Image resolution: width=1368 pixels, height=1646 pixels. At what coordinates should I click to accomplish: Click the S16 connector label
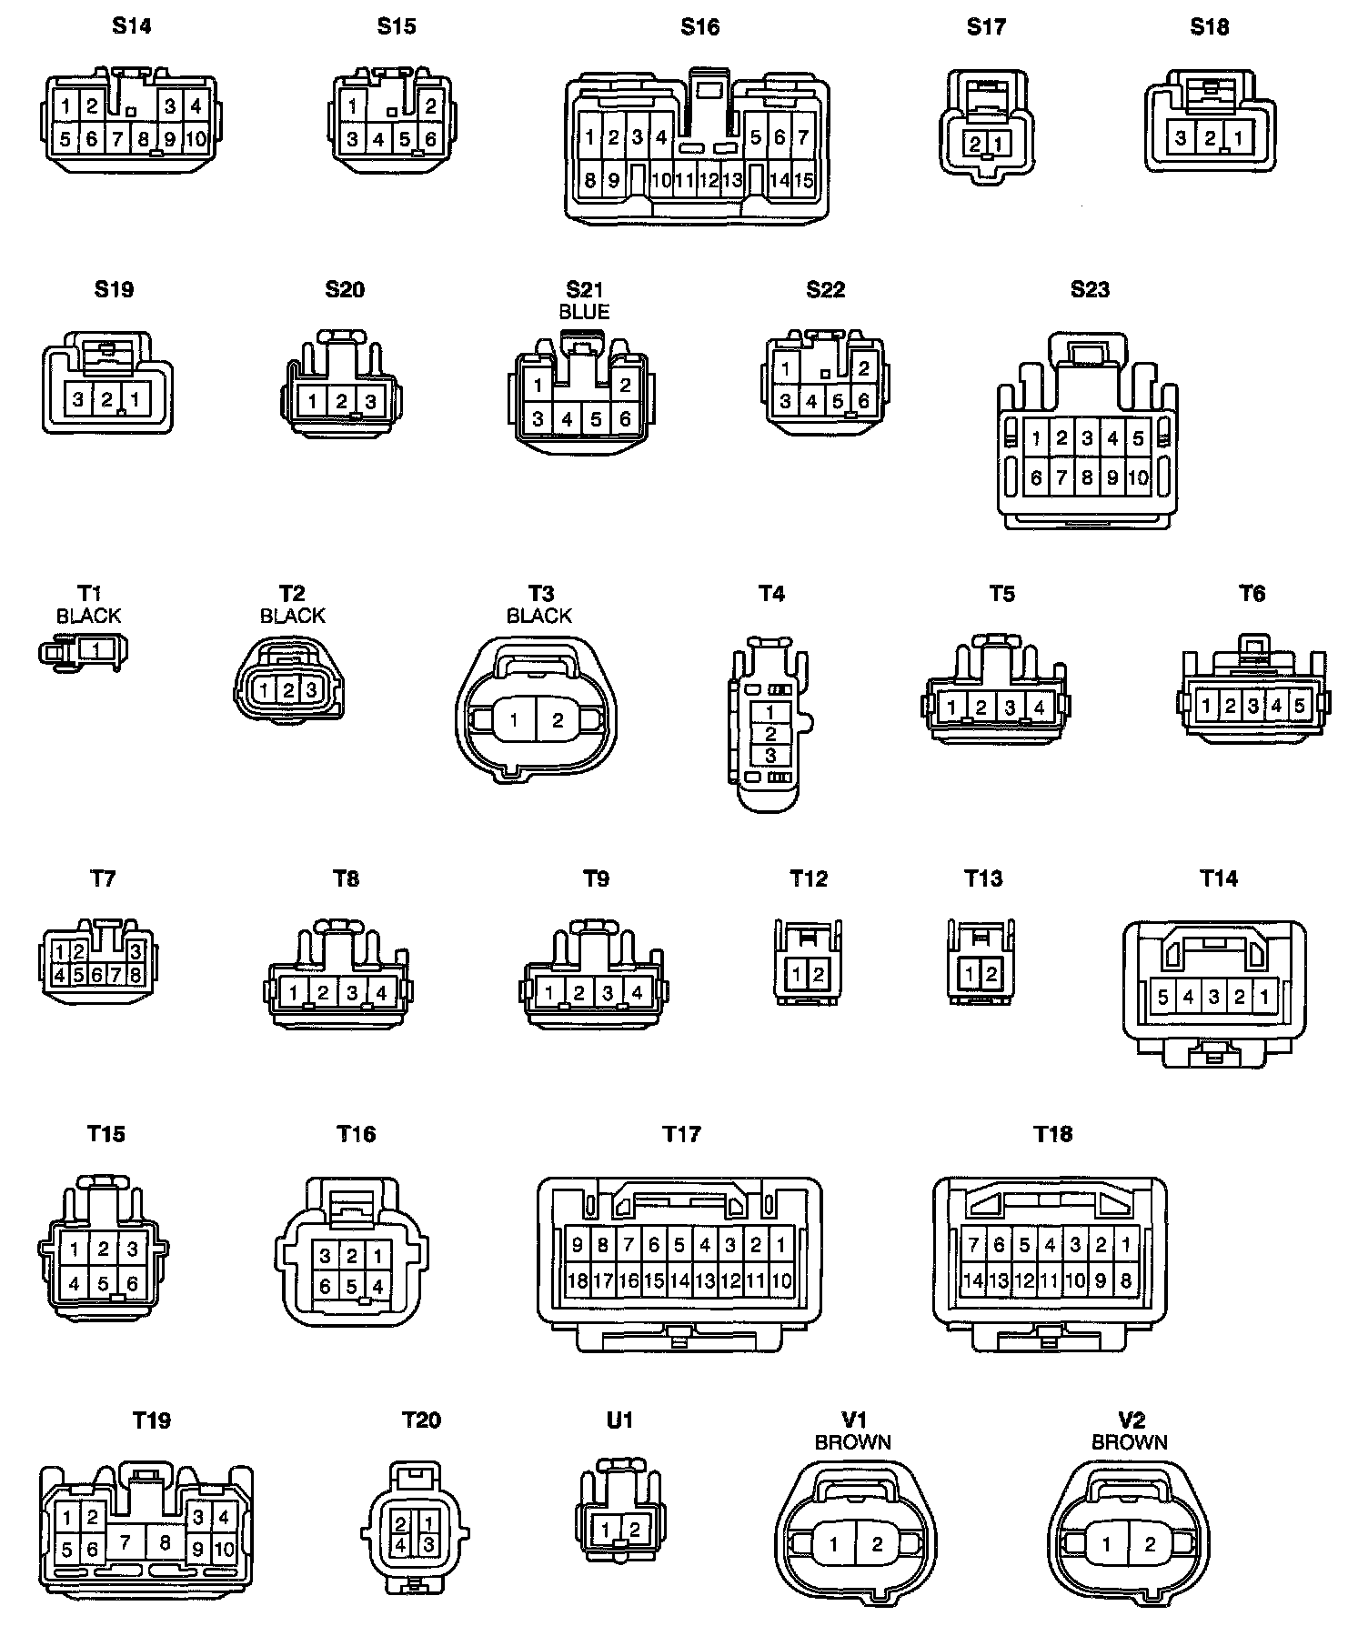[699, 27]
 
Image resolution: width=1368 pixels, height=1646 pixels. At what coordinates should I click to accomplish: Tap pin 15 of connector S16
[803, 180]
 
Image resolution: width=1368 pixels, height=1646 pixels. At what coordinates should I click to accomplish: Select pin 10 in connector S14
[196, 140]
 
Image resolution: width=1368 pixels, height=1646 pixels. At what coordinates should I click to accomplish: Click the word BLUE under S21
[584, 311]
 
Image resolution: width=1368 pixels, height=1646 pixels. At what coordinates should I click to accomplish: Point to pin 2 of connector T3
[558, 720]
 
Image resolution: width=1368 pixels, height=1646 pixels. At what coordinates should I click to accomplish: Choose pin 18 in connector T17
[578, 1280]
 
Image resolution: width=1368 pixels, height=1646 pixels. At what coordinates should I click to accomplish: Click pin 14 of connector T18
[973, 1280]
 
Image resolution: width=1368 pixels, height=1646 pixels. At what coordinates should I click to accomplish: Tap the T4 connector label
[771, 594]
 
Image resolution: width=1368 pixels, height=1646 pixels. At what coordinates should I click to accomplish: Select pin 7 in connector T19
[126, 1541]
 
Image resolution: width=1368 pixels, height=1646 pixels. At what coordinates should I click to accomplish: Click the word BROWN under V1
[852, 1442]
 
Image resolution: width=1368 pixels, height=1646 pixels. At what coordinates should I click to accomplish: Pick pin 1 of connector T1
[96, 650]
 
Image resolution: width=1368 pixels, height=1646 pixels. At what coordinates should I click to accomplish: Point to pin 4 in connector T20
[400, 1544]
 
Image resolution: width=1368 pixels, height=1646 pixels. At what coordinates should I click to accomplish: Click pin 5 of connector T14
[1162, 997]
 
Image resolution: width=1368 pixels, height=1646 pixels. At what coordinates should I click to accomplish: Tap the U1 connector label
[619, 1420]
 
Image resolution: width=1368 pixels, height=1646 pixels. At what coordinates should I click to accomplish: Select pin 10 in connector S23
[1138, 477]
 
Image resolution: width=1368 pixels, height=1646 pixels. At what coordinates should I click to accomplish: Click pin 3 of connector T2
[311, 690]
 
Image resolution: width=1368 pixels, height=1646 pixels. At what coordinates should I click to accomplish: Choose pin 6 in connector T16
[326, 1287]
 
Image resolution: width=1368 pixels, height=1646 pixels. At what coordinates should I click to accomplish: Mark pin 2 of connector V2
[1150, 1544]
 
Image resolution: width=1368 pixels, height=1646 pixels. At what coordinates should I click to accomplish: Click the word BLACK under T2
[292, 616]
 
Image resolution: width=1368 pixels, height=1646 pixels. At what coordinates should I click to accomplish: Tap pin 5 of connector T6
[1299, 705]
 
